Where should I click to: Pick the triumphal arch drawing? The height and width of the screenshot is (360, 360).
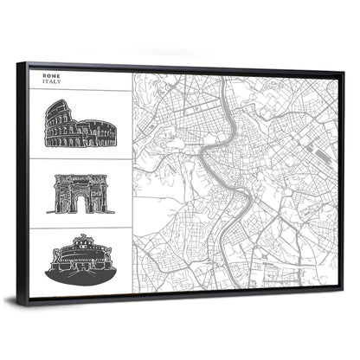[80, 194]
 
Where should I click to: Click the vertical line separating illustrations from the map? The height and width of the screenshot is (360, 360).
[132, 182]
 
